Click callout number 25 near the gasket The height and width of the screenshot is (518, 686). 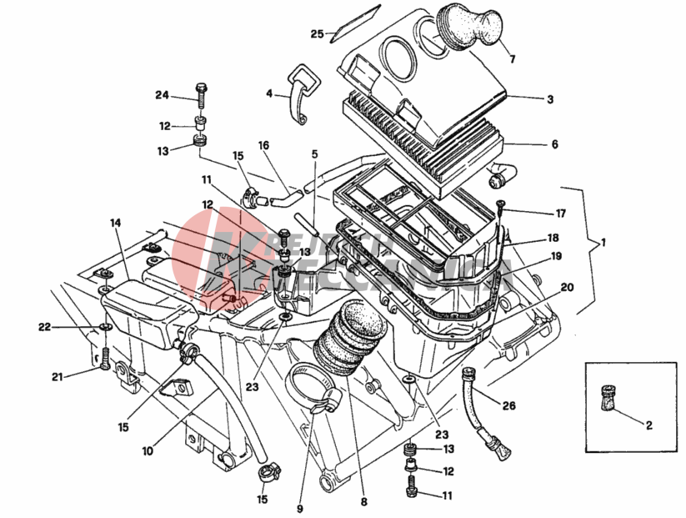[317, 34]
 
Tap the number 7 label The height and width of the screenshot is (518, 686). [513, 59]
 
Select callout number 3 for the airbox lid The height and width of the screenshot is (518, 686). [550, 99]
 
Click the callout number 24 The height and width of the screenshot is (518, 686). [162, 95]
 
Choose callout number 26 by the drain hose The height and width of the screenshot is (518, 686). [509, 405]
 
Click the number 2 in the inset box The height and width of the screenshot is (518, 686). [648, 424]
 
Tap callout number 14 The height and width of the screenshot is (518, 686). [114, 223]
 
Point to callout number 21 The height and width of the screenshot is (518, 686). [57, 378]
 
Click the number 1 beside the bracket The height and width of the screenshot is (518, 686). [603, 243]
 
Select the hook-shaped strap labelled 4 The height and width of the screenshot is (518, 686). [299, 90]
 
